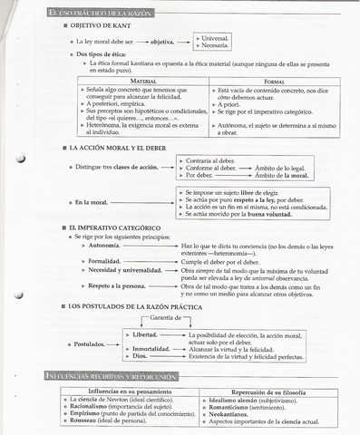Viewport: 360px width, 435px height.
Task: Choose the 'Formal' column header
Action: tap(274, 82)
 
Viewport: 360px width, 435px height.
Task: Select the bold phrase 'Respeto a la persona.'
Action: tap(117, 286)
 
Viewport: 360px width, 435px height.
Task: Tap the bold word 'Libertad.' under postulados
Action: tap(145, 334)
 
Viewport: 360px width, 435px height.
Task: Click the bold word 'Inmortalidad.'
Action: tap(151, 349)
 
